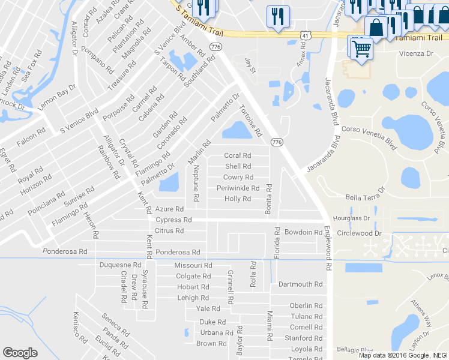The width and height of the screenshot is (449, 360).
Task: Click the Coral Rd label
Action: click(237, 156)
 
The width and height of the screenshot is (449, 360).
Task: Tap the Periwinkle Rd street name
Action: click(238, 188)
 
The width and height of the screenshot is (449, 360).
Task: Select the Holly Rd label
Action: click(237, 199)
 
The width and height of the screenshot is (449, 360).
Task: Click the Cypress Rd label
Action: click(173, 220)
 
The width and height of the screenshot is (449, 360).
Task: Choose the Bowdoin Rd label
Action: click(303, 232)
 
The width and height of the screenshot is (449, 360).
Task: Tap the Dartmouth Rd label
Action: click(301, 284)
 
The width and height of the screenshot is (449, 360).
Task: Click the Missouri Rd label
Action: click(193, 265)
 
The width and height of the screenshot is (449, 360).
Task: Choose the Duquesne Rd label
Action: click(120, 265)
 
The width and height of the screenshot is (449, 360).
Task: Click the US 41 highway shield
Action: click(306, 37)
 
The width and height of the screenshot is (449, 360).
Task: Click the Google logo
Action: click(20, 353)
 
